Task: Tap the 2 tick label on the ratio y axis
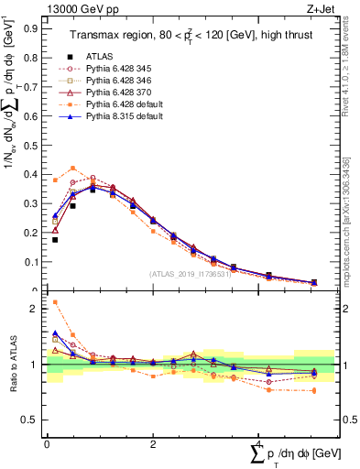click(38, 309)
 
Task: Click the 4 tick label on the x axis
click(258, 444)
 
